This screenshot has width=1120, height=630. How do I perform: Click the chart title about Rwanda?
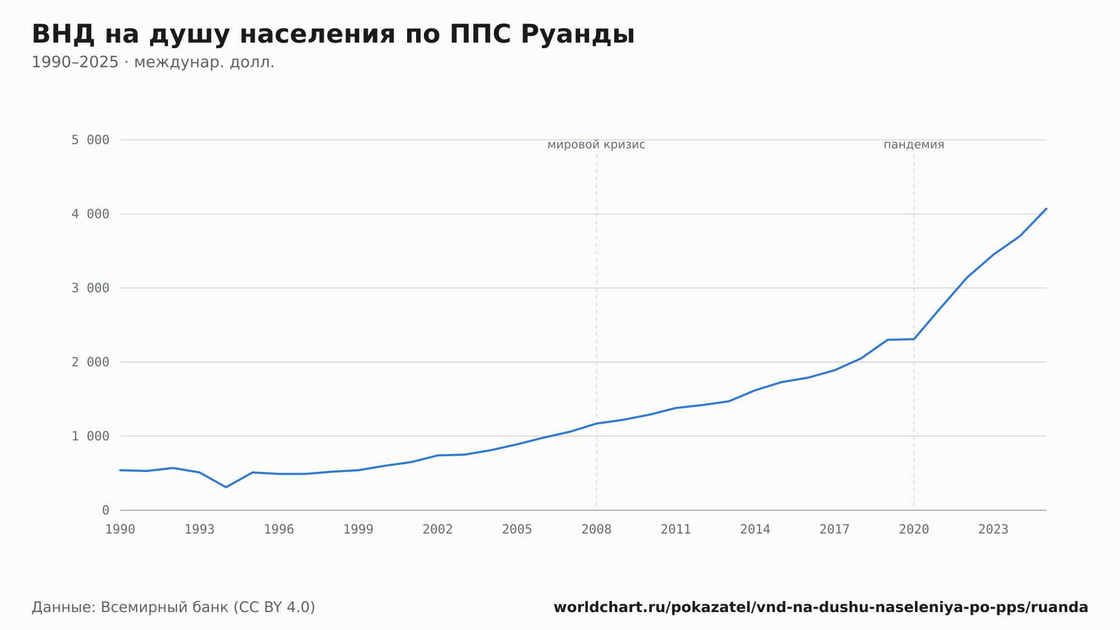333,35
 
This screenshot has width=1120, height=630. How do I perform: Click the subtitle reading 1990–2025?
153,62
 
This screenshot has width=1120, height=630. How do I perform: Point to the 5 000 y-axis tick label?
90,140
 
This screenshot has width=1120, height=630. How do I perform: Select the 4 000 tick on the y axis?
90,214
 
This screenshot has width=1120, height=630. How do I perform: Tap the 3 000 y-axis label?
90,288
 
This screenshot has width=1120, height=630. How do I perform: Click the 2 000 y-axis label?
90,362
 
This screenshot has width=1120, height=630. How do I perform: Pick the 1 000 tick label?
90,436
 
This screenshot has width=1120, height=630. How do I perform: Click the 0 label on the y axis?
106,510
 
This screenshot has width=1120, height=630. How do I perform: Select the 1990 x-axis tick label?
120,530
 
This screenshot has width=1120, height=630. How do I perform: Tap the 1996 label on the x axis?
279,530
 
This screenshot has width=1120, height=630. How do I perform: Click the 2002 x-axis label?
438,530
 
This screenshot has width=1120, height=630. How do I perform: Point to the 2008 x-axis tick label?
596,530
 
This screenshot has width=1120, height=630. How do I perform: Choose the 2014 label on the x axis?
755,530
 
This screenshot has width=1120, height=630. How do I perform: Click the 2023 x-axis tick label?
993,530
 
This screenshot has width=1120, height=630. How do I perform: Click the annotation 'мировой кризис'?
596,145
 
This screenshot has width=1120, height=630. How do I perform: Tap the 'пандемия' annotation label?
914,145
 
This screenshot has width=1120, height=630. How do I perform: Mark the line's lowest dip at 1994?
226,487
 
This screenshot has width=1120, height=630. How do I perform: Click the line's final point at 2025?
1046,209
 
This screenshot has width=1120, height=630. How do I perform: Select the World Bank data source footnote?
174,608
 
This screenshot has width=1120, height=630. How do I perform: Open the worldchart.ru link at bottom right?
821,608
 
